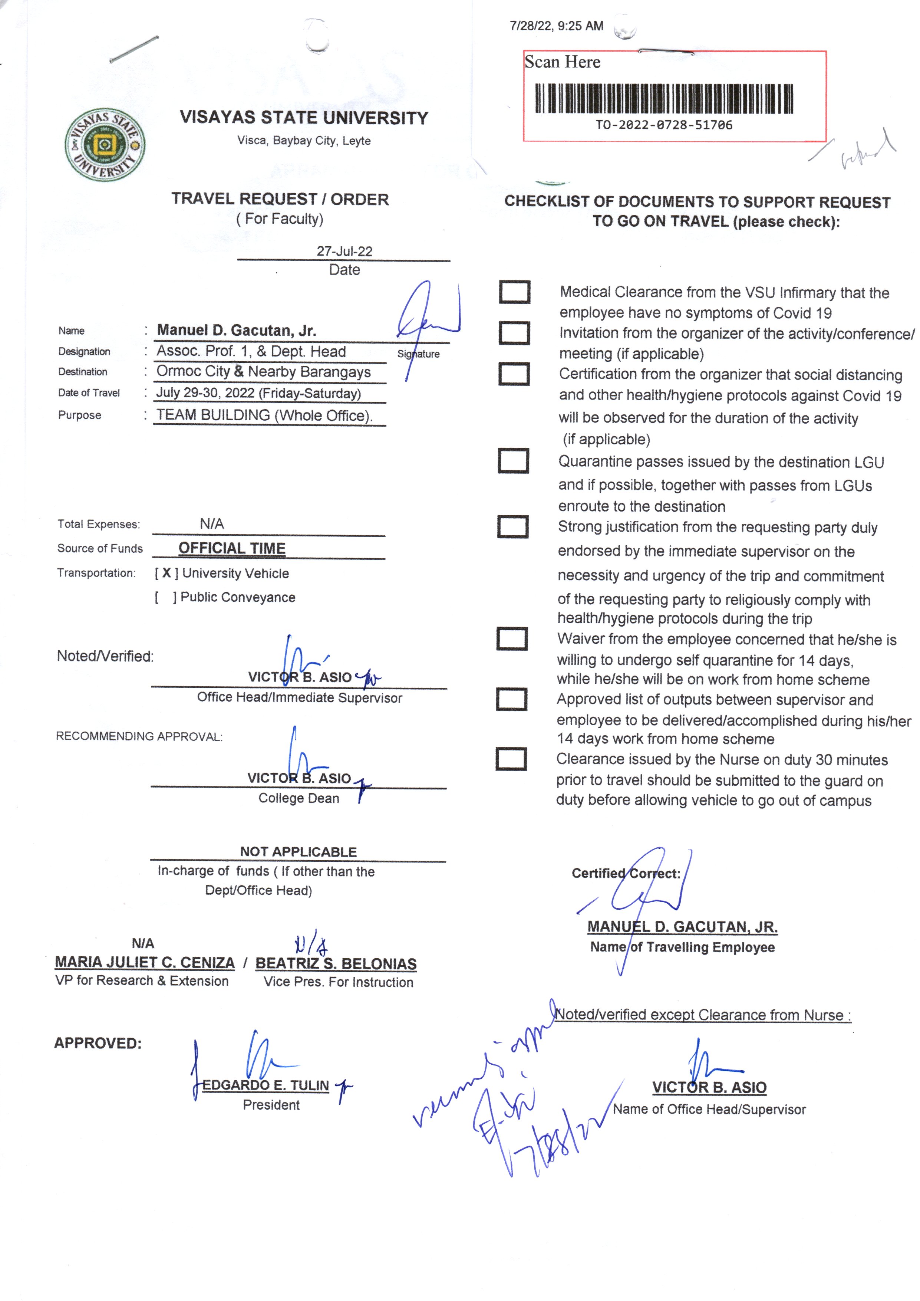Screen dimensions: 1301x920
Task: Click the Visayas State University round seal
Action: [x=105, y=145]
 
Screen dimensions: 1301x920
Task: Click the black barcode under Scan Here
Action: [x=664, y=99]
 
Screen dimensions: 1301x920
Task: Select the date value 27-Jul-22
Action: [x=344, y=251]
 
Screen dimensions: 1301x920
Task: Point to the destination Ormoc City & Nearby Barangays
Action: [x=263, y=372]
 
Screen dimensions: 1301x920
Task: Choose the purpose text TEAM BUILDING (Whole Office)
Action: [x=264, y=415]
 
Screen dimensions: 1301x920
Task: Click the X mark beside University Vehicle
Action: [x=166, y=573]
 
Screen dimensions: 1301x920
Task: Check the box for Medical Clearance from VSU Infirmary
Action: [x=514, y=292]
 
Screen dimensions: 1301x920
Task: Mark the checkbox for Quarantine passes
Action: [x=513, y=461]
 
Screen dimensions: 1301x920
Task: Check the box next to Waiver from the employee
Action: [x=512, y=638]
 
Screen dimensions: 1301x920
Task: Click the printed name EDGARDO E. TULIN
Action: [x=266, y=1085]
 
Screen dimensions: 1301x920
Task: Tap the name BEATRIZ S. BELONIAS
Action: [x=336, y=963]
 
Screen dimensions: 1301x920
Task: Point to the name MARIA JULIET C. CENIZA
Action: [x=145, y=962]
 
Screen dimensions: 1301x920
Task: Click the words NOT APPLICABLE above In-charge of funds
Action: [x=298, y=852]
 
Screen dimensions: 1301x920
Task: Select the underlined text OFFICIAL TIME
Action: [x=232, y=548]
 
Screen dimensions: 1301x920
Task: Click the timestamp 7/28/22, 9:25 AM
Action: [x=556, y=26]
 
